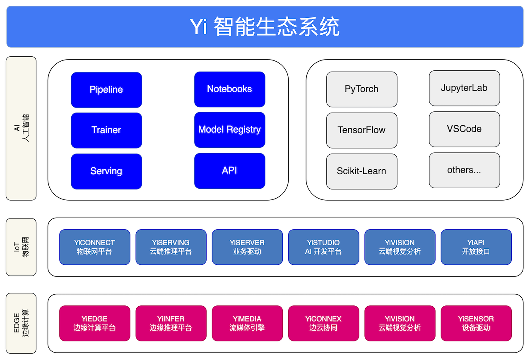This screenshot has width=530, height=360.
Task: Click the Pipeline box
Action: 106,89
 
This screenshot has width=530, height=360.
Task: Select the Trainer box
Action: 106,130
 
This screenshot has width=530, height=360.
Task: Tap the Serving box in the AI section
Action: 106,171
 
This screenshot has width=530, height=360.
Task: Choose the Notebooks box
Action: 229,89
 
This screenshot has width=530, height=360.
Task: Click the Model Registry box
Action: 229,130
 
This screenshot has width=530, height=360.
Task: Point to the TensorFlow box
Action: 361,130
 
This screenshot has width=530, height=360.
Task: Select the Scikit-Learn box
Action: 361,171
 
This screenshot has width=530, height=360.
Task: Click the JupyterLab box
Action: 464,88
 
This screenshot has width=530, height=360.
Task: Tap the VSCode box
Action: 464,129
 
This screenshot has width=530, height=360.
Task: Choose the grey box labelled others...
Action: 464,170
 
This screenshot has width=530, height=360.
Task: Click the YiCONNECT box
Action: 94,247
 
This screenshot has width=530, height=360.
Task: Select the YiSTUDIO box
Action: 323,247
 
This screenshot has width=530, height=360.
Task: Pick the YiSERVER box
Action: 247,247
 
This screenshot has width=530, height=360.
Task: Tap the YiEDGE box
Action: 94,323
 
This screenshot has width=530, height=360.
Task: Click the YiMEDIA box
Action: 247,323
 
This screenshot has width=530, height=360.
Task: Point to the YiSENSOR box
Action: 476,323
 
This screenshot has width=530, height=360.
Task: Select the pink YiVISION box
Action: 400,323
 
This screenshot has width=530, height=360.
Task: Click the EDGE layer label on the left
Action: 21,323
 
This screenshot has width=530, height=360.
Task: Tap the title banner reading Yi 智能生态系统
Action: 265,27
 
